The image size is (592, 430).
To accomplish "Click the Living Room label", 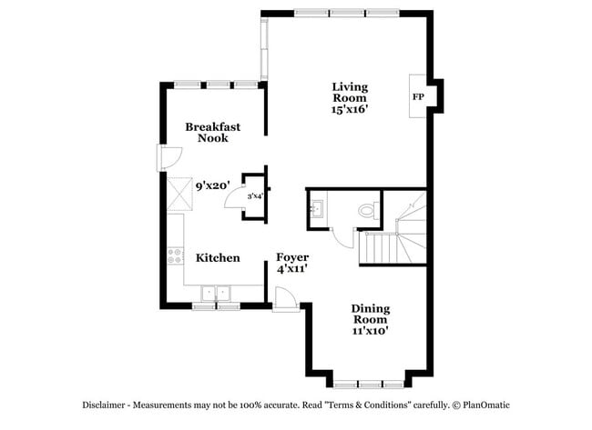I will (x=349, y=92).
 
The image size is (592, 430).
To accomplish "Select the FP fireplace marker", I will (x=418, y=96).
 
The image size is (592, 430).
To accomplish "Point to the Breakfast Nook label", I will (x=212, y=133).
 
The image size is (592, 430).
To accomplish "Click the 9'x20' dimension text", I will (x=211, y=185).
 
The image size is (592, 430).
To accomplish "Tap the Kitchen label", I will (x=218, y=258).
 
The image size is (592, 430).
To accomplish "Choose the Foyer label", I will (x=292, y=258).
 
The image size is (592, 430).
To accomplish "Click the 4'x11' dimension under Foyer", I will (x=292, y=270).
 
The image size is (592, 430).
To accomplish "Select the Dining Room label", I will (x=370, y=314).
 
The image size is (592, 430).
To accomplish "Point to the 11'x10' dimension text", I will (x=370, y=331).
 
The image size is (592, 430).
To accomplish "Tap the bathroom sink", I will (x=317, y=210).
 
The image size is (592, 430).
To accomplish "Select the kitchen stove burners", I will (x=173, y=256).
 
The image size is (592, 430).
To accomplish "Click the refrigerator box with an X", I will (x=176, y=191).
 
